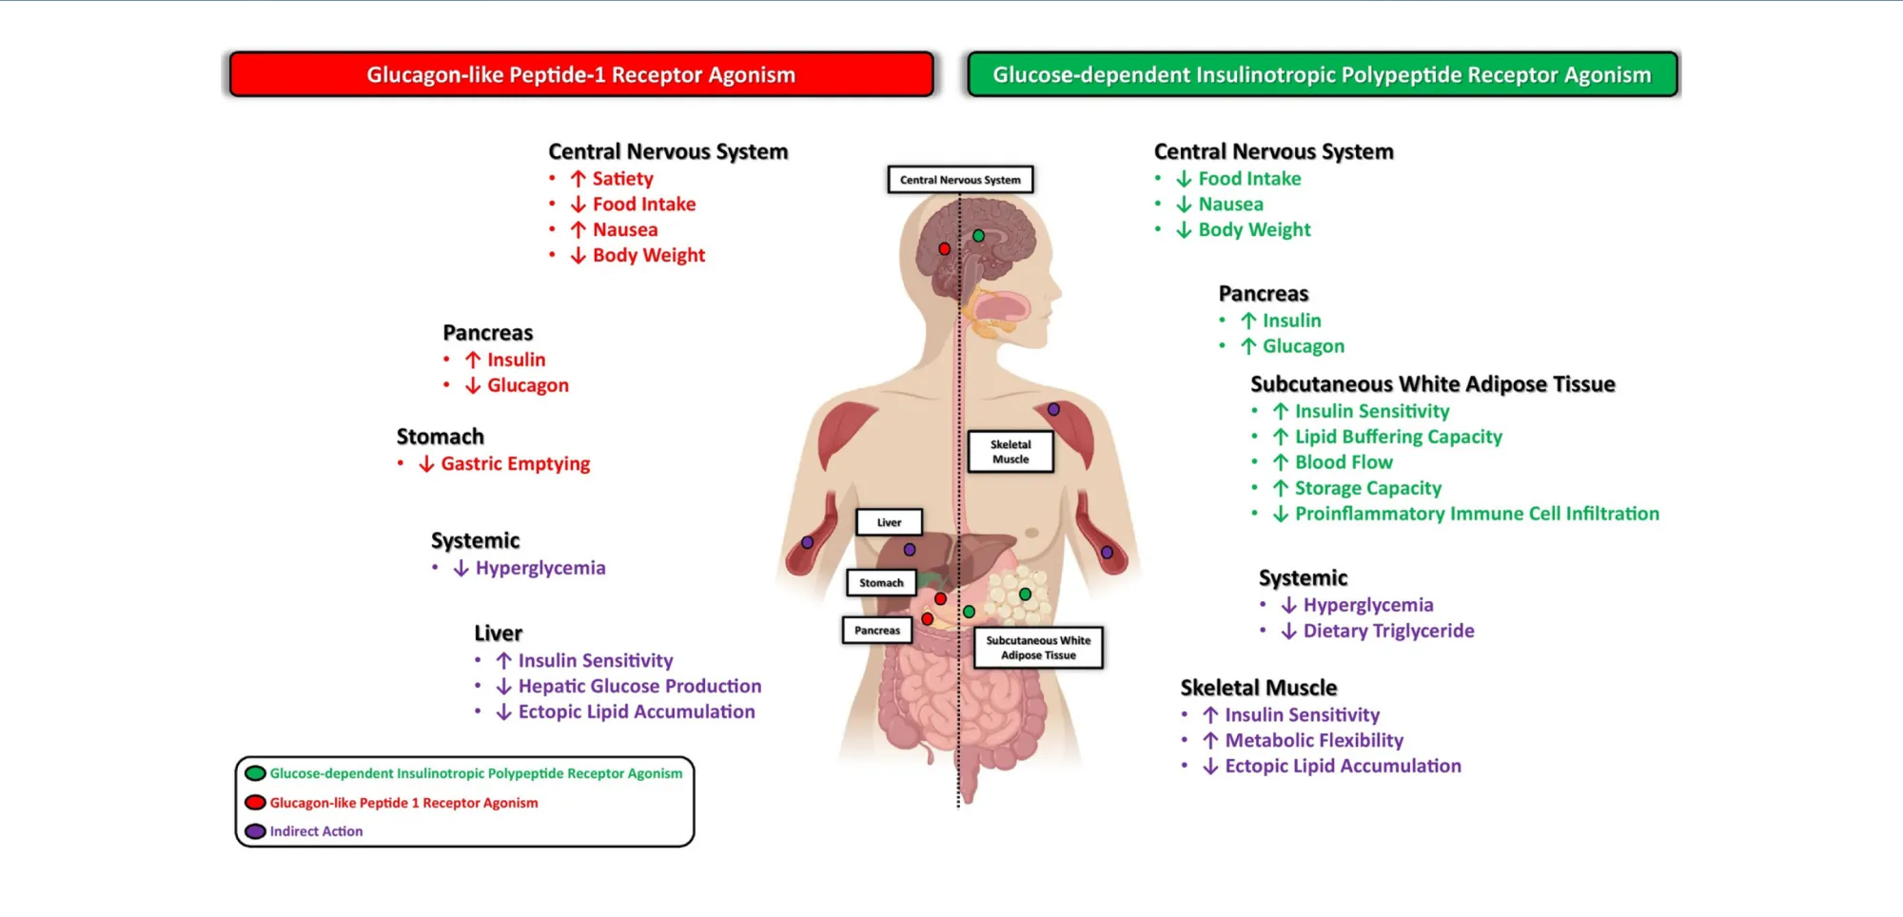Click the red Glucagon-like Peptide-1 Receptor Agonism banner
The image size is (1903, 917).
click(x=580, y=74)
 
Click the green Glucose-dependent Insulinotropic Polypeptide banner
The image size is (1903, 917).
click(x=1322, y=74)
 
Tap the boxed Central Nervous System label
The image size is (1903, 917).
click(x=960, y=180)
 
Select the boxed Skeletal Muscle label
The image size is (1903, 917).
click(x=1010, y=452)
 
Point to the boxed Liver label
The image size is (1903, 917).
click(x=889, y=522)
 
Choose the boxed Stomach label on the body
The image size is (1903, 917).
click(x=881, y=583)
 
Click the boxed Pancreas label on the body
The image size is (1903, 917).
click(x=876, y=630)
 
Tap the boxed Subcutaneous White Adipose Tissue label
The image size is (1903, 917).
click(x=1038, y=648)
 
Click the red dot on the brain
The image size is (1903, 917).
click(x=944, y=248)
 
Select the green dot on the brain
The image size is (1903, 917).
click(x=978, y=235)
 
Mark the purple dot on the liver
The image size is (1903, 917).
click(x=910, y=550)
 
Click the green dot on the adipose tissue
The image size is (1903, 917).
click(x=1025, y=595)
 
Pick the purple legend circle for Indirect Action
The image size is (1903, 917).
click(x=255, y=831)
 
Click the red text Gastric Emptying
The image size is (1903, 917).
click(x=515, y=464)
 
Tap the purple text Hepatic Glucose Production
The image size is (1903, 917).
click(x=639, y=686)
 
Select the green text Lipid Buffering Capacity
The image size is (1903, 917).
click(x=1398, y=437)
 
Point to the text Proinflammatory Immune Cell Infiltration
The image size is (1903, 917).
click(x=1477, y=514)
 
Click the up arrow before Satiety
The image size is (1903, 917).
click(x=578, y=179)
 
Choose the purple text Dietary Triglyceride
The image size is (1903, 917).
click(x=1388, y=631)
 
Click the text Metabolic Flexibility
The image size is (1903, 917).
click(x=1313, y=740)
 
